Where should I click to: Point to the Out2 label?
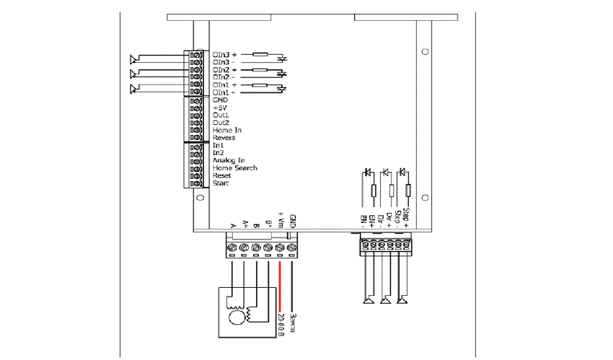click(221, 123)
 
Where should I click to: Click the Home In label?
click(227, 130)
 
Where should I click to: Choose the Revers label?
click(224, 138)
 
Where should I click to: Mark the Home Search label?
click(234, 168)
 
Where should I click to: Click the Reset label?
click(222, 176)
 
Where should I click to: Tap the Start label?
click(221, 184)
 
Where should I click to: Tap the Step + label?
click(406, 217)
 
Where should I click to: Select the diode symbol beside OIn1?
click(282, 89)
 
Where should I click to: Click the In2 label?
click(219, 153)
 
